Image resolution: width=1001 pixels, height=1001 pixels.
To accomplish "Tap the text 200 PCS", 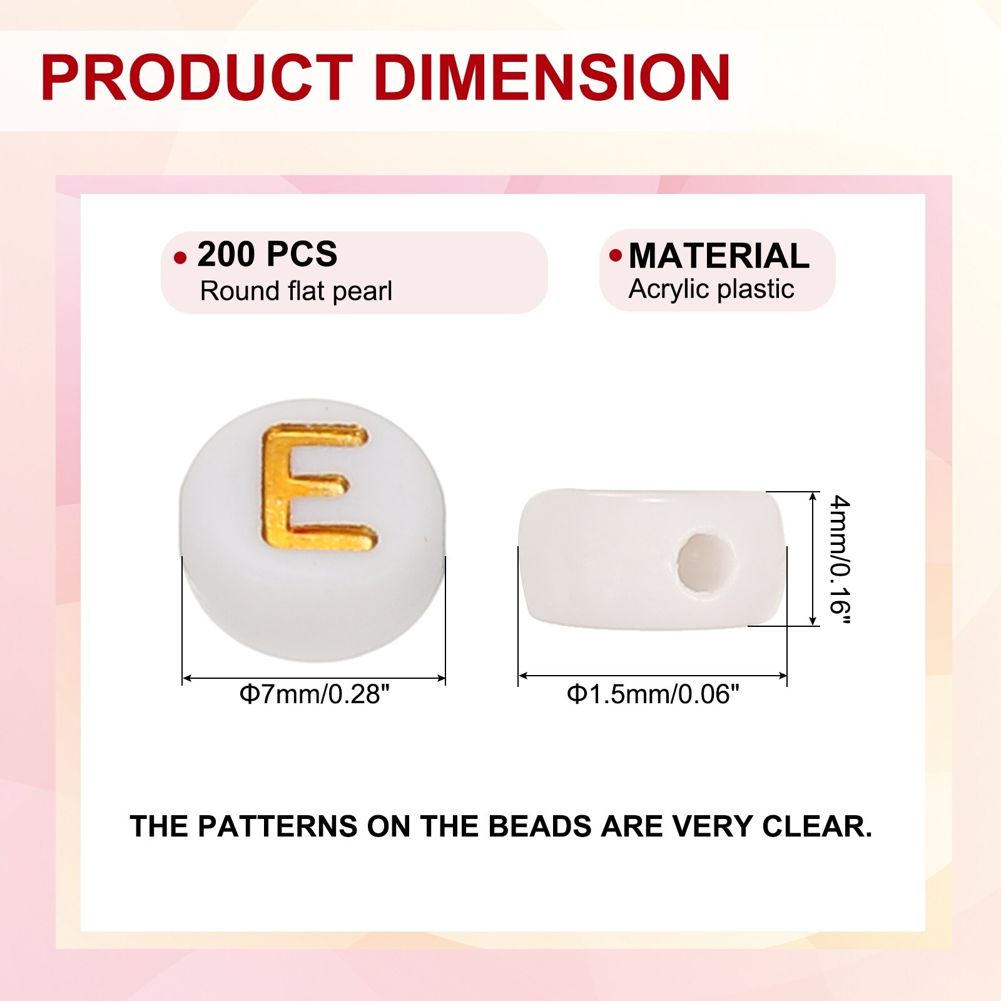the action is pyautogui.click(x=267, y=254).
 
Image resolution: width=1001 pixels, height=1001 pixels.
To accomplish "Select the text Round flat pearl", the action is pyautogui.click(x=296, y=292).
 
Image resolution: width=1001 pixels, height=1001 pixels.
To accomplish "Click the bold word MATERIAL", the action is pyautogui.click(x=719, y=256).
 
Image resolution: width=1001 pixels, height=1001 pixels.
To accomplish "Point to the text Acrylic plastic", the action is pyautogui.click(x=711, y=290).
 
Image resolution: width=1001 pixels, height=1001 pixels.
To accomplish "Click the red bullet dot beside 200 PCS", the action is pyautogui.click(x=180, y=258).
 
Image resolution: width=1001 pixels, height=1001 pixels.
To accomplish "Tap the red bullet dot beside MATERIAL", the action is pyautogui.click(x=616, y=255).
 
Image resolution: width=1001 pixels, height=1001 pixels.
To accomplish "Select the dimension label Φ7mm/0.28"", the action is pyautogui.click(x=315, y=694).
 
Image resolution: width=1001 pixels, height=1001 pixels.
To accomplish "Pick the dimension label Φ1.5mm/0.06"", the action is pyautogui.click(x=653, y=694).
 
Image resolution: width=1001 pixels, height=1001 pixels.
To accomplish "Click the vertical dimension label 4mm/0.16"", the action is pyautogui.click(x=840, y=560).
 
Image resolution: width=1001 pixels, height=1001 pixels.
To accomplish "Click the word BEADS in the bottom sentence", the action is pyautogui.click(x=540, y=826).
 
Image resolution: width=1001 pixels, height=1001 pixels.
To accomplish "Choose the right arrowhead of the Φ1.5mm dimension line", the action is pyautogui.click(x=782, y=676).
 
